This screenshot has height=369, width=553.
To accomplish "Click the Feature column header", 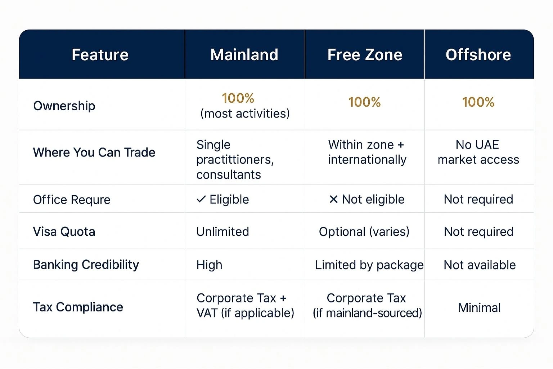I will pos(100,55).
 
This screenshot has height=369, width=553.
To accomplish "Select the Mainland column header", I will pos(244,55).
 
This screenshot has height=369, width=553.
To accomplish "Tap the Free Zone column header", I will pos(365,55).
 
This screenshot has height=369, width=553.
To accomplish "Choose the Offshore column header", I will pos(478,55).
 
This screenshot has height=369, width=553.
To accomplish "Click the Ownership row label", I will pos(64,106).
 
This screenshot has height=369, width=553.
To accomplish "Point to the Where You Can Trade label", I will pos(94,152).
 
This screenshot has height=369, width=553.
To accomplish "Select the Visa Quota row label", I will pos(64,231).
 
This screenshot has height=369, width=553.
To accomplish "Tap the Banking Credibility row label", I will pos(86,264).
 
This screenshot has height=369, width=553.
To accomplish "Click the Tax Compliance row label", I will pos(78,307).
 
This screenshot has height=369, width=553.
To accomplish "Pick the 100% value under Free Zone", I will pos(364,102).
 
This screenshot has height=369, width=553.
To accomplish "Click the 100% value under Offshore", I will pos(478,102).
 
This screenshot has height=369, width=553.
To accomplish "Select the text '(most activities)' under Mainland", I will pos(245,114).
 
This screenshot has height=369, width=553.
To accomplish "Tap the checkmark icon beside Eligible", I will pos(201,199).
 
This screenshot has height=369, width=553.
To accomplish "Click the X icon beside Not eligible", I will pos(333,199).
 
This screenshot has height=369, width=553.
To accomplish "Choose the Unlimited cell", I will pos(222,231).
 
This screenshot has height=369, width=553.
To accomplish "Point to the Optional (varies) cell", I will pos(364,231).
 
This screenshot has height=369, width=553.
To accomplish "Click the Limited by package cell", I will pos(369,265).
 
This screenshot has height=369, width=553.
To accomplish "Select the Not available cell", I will pos(480,265).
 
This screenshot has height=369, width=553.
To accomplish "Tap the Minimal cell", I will pos(479,307).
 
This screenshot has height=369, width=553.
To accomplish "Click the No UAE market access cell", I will pos(478,152).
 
